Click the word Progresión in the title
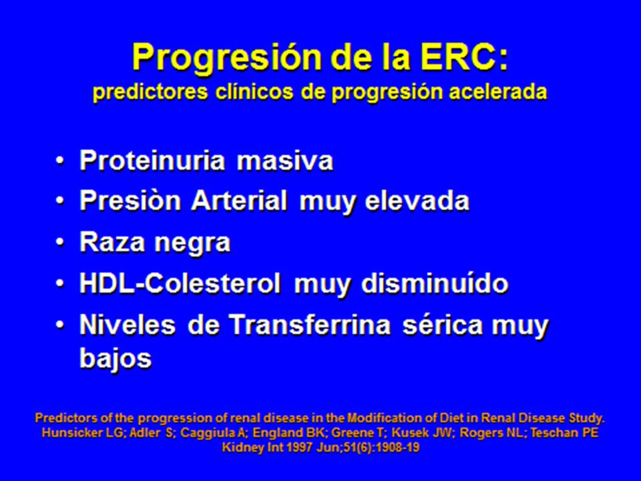[x=227, y=57]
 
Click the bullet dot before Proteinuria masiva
[x=60, y=160]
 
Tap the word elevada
[x=417, y=201]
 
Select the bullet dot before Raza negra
[x=60, y=243]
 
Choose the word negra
[x=192, y=243]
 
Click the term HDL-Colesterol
[x=180, y=283]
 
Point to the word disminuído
[x=435, y=283]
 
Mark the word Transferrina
[x=309, y=325]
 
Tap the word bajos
[x=116, y=359]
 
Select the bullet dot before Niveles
[x=60, y=325]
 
